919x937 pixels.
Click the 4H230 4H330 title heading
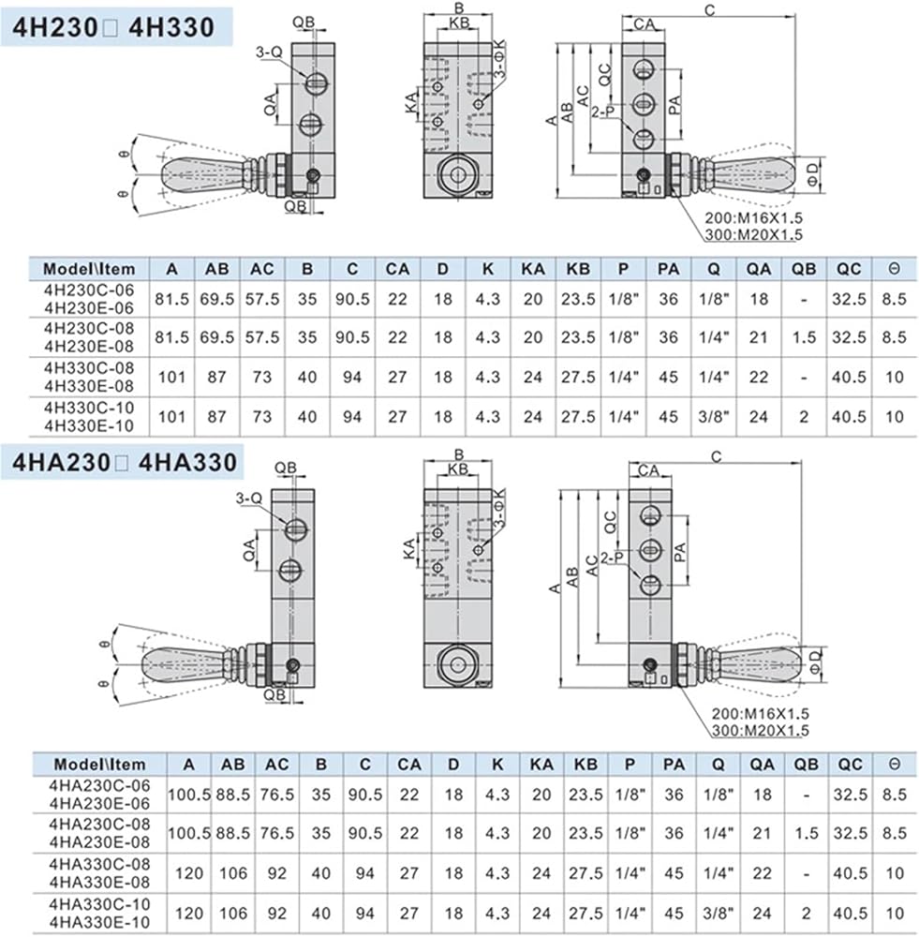[x=113, y=27]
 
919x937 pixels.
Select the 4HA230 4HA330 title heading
[x=125, y=463]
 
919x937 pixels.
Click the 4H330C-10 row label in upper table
[x=88, y=417]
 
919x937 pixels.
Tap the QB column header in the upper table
[x=804, y=269]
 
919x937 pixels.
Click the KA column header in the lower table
[x=541, y=765]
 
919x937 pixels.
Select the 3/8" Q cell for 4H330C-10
[x=714, y=417]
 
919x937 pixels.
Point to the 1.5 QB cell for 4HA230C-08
[x=806, y=833]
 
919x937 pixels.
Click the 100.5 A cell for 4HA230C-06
[x=189, y=795]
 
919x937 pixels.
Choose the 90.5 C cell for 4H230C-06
[x=352, y=299]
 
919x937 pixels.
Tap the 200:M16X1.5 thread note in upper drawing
[x=753, y=218]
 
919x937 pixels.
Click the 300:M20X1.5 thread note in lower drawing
[x=760, y=730]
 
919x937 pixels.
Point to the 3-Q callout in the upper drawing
[x=269, y=52]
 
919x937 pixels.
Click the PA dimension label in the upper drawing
[x=674, y=105]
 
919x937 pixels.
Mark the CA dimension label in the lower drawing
[x=648, y=471]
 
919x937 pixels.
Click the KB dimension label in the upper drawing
[x=459, y=22]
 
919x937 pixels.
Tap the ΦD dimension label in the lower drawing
[x=815, y=662]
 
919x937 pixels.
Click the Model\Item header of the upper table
[x=89, y=269]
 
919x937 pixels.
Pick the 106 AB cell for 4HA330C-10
[x=233, y=913]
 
